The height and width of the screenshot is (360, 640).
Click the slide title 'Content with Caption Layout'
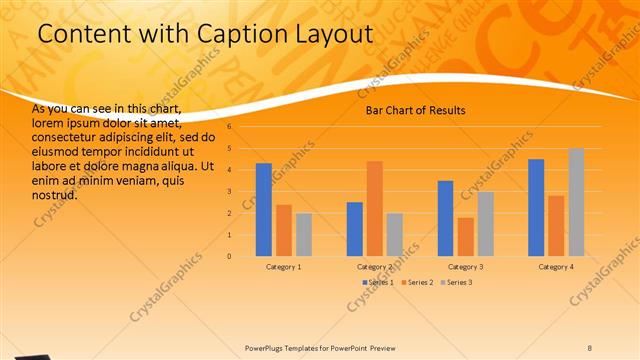[x=205, y=33]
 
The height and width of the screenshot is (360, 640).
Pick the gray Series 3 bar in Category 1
[x=304, y=235]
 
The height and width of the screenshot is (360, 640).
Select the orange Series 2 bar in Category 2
[x=374, y=208]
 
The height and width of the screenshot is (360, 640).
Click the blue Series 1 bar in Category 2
[x=354, y=229]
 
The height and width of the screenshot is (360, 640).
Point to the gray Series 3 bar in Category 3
[x=485, y=224]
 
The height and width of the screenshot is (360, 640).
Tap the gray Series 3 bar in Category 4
[x=576, y=202]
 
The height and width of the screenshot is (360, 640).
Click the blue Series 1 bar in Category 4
[x=536, y=207]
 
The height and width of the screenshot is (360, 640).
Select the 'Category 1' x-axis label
[x=284, y=267]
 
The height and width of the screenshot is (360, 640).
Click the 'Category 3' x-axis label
[x=465, y=267]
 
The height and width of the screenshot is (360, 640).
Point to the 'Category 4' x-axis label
[x=556, y=267]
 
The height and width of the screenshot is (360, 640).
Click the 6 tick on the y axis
[x=229, y=127]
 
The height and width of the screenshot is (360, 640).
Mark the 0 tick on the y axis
[x=229, y=256]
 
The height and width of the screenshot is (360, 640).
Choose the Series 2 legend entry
[x=419, y=283]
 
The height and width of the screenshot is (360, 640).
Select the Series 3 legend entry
[x=457, y=283]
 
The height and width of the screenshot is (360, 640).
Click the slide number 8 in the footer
[x=589, y=348]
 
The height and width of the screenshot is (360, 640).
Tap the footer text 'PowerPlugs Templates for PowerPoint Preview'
[x=320, y=348]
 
